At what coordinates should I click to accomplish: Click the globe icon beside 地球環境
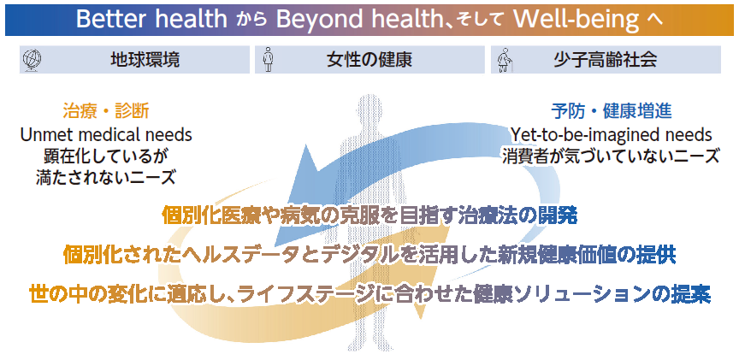tap(32, 60)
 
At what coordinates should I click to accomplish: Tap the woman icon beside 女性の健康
tap(269, 59)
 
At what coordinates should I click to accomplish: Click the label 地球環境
tap(145, 60)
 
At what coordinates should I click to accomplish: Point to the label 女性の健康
tap(369, 60)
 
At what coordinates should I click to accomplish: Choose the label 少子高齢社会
tap(606, 60)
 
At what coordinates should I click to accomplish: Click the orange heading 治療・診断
tap(106, 112)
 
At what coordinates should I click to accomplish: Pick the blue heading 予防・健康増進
tap(612, 112)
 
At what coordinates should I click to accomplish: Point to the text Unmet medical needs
tap(106, 135)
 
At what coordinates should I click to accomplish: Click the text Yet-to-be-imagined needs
tap(612, 135)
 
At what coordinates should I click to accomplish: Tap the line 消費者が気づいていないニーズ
tap(612, 156)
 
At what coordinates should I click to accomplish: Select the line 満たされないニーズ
tap(106, 178)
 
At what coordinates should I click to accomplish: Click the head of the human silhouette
tap(370, 109)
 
